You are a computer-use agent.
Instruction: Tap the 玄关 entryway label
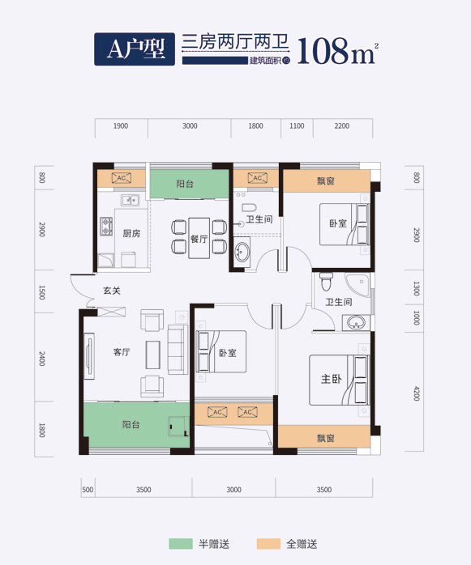tap(112, 291)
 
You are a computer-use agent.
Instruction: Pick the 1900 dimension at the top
tap(120, 126)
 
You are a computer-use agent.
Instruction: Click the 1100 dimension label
tap(296, 126)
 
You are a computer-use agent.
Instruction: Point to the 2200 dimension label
tap(341, 126)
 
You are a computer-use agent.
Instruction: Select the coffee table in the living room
tap(152, 353)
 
